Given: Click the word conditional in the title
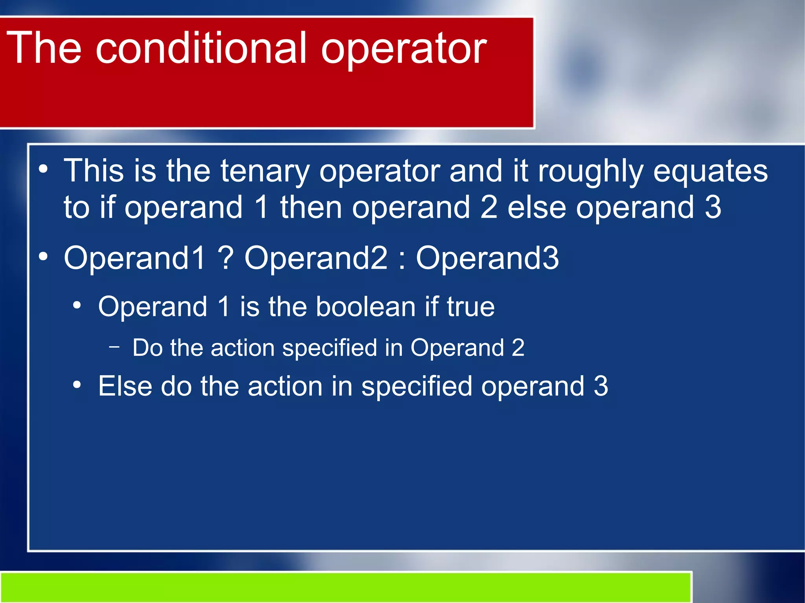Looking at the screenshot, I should (x=200, y=48).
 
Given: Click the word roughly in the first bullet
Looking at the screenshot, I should (x=590, y=172).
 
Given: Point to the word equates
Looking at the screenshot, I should (x=710, y=172).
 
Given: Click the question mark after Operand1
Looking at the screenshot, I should (x=226, y=258).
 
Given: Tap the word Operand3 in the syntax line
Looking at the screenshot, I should (x=487, y=258).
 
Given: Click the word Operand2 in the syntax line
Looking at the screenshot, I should (x=316, y=258).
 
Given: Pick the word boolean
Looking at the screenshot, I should (x=366, y=307).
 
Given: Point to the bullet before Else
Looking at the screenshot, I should (x=77, y=385).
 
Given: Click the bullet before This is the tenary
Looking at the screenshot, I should (x=43, y=170).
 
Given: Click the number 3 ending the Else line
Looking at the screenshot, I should (x=601, y=386).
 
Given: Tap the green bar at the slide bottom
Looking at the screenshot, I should (x=346, y=587).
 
